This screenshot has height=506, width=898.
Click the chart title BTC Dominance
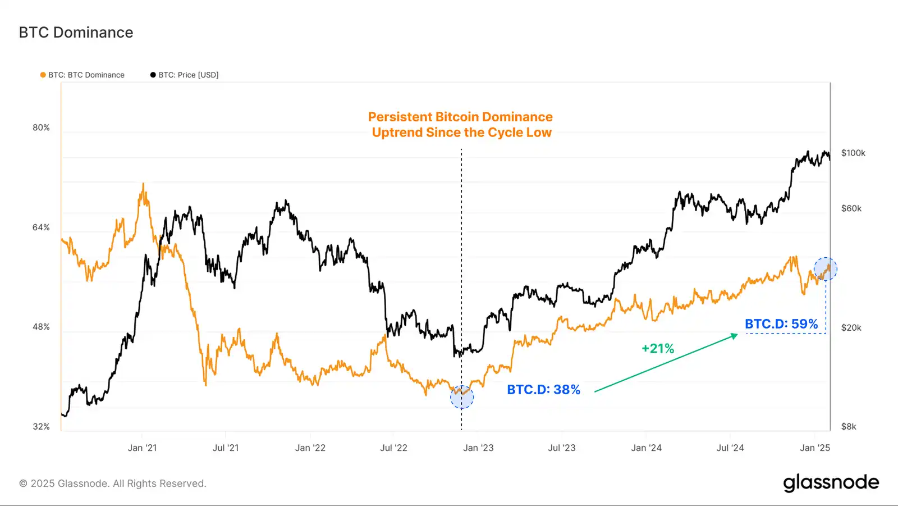(x=76, y=33)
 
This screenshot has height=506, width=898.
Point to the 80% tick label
(x=41, y=127)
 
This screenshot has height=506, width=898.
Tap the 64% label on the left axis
(x=41, y=227)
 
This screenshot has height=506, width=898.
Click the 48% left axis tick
(x=41, y=327)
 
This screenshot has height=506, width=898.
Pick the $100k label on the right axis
(x=853, y=153)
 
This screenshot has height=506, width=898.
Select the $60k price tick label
(x=851, y=208)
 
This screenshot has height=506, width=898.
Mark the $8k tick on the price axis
(x=849, y=427)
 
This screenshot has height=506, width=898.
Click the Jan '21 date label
(x=142, y=448)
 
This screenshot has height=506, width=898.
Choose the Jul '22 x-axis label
(x=393, y=448)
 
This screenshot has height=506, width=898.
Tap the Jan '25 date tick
(x=814, y=448)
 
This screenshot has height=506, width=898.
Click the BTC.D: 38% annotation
(x=543, y=390)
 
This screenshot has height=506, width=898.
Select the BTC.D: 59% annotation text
(x=781, y=324)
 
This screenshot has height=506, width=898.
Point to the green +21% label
(x=658, y=349)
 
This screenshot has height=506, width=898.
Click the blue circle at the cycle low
(x=462, y=397)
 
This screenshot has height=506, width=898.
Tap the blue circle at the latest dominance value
(x=826, y=269)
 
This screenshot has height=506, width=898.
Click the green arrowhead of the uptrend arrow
(x=735, y=336)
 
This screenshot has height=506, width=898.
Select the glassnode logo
(x=831, y=482)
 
